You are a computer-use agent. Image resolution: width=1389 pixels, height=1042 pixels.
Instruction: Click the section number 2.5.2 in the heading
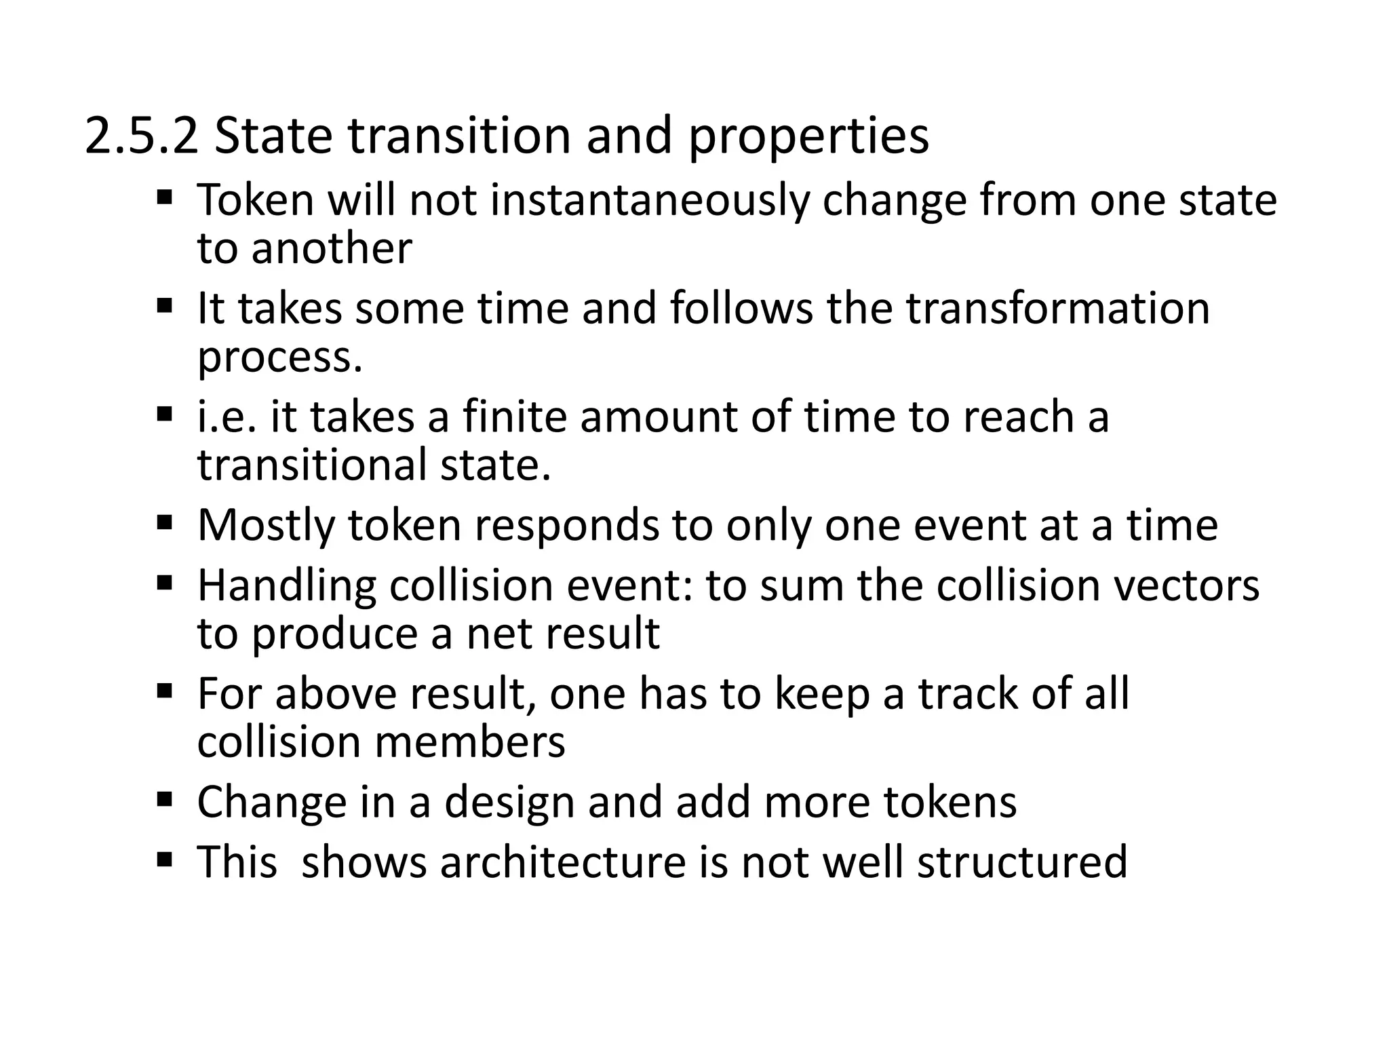tap(142, 136)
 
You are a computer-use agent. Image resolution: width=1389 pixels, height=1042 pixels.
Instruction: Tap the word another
tap(332, 248)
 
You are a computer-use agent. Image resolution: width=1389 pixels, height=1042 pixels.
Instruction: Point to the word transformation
tap(1058, 309)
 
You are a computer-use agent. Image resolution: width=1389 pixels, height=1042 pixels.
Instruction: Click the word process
tap(279, 358)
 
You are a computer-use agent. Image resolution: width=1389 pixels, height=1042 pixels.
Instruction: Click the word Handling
tap(286, 585)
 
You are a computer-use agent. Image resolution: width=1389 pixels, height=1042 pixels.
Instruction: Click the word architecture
tap(562, 862)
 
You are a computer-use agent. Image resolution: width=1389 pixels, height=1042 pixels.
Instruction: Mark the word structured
tap(1022, 862)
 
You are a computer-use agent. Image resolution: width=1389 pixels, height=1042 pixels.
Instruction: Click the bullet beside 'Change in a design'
tap(163, 799)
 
